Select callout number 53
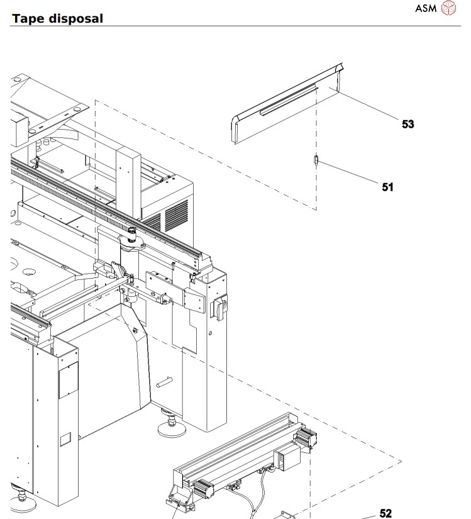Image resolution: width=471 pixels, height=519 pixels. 408,124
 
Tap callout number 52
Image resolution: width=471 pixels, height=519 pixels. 385,513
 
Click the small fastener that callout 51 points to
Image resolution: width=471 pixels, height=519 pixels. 316,161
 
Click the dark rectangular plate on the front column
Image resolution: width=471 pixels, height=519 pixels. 68,380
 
